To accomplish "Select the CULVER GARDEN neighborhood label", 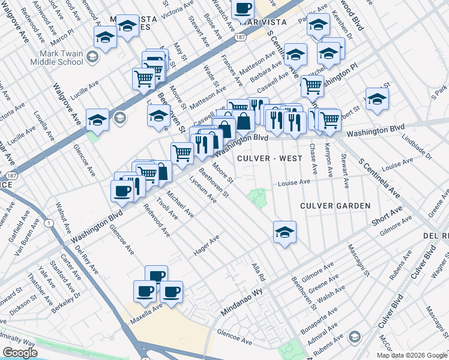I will pyautogui.click(x=336, y=206).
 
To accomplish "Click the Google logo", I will pyautogui.click(x=20, y=353).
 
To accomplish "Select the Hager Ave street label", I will pyautogui.click(x=206, y=246).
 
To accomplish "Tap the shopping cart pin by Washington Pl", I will pyautogui.click(x=312, y=85).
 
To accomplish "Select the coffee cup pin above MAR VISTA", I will pyautogui.click(x=243, y=9).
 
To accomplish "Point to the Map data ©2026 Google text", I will pyautogui.click(x=412, y=355).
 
